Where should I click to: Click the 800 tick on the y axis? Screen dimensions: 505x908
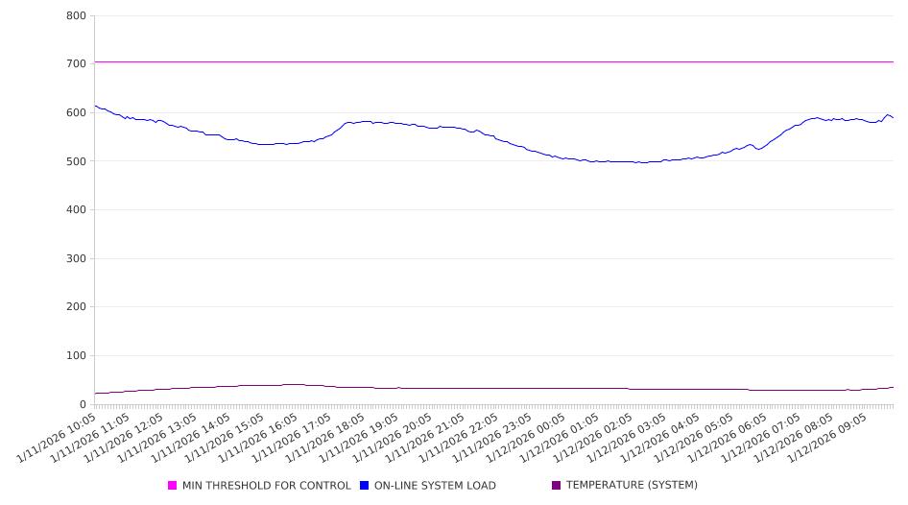point(76,16)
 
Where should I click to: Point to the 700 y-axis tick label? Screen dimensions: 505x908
point(76,64)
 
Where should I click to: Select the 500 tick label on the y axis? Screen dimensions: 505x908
point(76,161)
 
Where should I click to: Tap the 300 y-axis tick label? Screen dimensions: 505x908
point(76,259)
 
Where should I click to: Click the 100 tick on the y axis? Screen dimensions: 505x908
point(76,356)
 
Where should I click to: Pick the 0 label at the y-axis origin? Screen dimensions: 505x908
point(83,405)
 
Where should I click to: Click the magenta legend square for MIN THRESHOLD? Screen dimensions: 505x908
point(173,486)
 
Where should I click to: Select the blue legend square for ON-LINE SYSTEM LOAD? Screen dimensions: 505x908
point(364,486)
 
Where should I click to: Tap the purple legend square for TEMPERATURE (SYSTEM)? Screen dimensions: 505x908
point(557,486)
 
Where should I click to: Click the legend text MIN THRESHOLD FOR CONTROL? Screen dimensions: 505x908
point(267,486)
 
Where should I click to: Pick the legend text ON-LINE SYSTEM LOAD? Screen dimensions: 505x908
point(435,486)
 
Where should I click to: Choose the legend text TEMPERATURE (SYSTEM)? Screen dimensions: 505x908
point(632,486)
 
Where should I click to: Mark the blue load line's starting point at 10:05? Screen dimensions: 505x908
point(95,106)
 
